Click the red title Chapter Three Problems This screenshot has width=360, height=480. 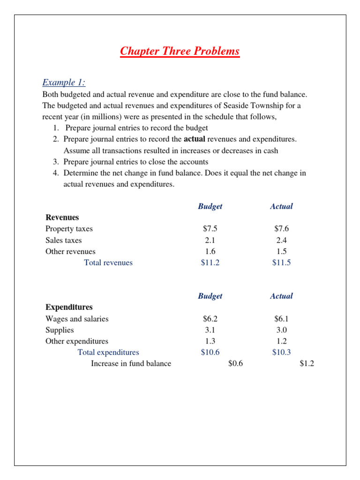[x=180, y=51]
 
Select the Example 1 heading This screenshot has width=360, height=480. [x=64, y=82]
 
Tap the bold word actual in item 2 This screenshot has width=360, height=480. [x=194, y=139]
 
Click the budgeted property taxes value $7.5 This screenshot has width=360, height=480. [x=210, y=229]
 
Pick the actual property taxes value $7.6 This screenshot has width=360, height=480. [x=281, y=229]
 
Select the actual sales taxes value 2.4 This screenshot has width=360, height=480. [x=281, y=240]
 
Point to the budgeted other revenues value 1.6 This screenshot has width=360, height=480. [x=210, y=251]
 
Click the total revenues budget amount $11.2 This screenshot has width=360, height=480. [x=210, y=262]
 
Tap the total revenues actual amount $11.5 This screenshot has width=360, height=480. [x=281, y=262]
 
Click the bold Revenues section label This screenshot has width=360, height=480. [x=62, y=217]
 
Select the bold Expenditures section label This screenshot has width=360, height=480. [x=69, y=307]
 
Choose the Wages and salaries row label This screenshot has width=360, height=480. [x=77, y=319]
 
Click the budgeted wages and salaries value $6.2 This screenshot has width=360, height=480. [x=210, y=319]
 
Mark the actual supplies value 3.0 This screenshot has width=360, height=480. [x=281, y=330]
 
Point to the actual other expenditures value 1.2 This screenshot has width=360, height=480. [x=281, y=341]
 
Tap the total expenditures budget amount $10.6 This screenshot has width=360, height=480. [x=210, y=352]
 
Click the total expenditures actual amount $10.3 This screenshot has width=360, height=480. [x=281, y=352]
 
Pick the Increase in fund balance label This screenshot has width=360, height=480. [x=131, y=364]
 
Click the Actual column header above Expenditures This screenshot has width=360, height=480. [x=281, y=296]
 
